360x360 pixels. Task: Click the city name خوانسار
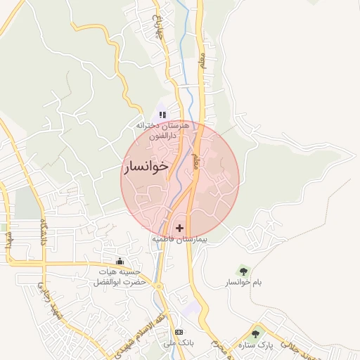[146, 167]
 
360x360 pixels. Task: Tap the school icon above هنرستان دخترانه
[162, 115]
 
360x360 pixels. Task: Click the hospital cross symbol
[180, 228]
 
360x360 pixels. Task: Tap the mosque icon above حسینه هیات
[128, 262]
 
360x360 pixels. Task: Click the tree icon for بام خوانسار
[243, 270]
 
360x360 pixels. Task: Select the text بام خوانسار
[243, 283]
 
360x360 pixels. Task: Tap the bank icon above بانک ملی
[178, 332]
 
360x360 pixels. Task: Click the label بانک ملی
[178, 344]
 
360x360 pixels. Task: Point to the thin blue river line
[185, 56]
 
